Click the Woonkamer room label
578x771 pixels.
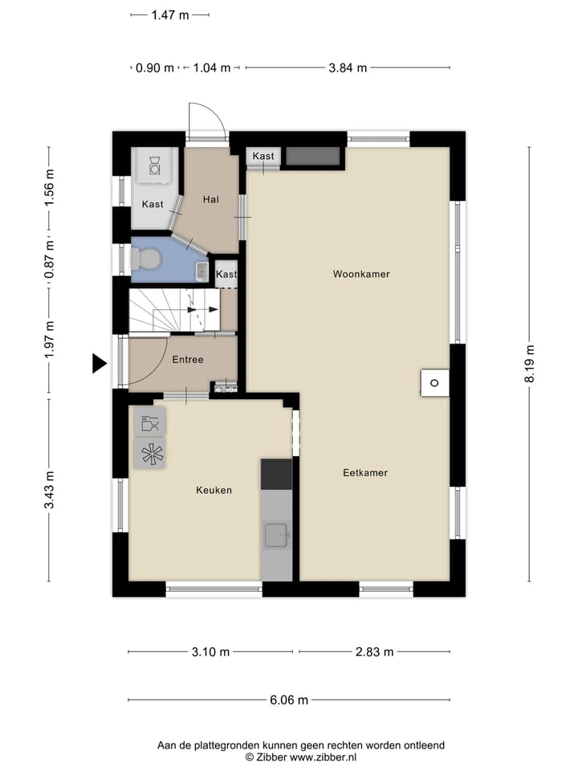point(361,274)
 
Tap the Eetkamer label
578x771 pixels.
point(364,473)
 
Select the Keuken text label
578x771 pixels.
point(214,490)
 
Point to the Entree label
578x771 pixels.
point(188,360)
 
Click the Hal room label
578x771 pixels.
point(211,199)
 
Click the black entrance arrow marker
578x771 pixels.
point(99,364)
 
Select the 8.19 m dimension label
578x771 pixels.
point(530,365)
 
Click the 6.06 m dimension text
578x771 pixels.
point(289,700)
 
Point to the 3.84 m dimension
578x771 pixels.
point(348,68)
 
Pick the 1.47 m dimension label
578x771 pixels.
point(170,14)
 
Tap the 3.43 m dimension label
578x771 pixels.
point(50,490)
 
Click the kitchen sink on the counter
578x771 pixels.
point(277,532)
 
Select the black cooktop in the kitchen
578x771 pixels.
point(276,474)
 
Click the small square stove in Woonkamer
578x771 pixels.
point(434,382)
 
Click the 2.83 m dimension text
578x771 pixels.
point(374,652)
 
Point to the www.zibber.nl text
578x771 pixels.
point(324,757)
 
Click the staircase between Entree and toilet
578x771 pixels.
point(175,311)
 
